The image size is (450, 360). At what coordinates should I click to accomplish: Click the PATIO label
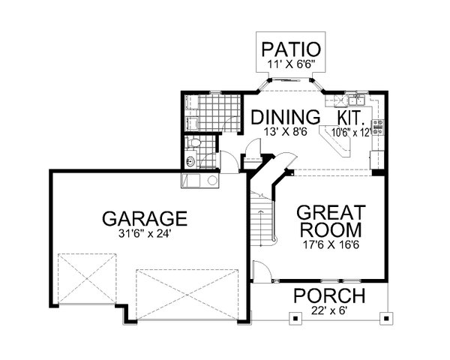click(x=291, y=49)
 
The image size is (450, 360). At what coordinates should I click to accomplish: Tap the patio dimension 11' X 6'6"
click(x=292, y=64)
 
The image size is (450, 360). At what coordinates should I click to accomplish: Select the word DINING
click(x=286, y=117)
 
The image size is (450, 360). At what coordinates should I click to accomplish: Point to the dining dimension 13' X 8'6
click(x=286, y=132)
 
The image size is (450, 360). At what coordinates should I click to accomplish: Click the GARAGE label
click(x=145, y=218)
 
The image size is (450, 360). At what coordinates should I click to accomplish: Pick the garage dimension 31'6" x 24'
click(x=145, y=234)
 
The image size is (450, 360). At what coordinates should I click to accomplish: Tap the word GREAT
click(x=331, y=212)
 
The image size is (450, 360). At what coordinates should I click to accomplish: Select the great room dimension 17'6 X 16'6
click(x=331, y=244)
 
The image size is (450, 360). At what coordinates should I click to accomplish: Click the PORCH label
click(x=329, y=295)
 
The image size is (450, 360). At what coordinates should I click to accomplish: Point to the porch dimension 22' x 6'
click(x=329, y=310)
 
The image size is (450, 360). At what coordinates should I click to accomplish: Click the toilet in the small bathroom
click(x=193, y=142)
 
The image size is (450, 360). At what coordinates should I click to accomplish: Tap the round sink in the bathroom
click(x=190, y=161)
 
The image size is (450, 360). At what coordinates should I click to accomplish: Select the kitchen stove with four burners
click(x=378, y=127)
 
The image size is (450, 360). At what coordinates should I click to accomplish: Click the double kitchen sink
click(x=356, y=100)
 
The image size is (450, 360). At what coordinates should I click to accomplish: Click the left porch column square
click(x=295, y=318)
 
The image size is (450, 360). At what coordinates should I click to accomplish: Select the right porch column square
click(x=386, y=318)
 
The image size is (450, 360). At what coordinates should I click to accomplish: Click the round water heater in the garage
click(x=212, y=181)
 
